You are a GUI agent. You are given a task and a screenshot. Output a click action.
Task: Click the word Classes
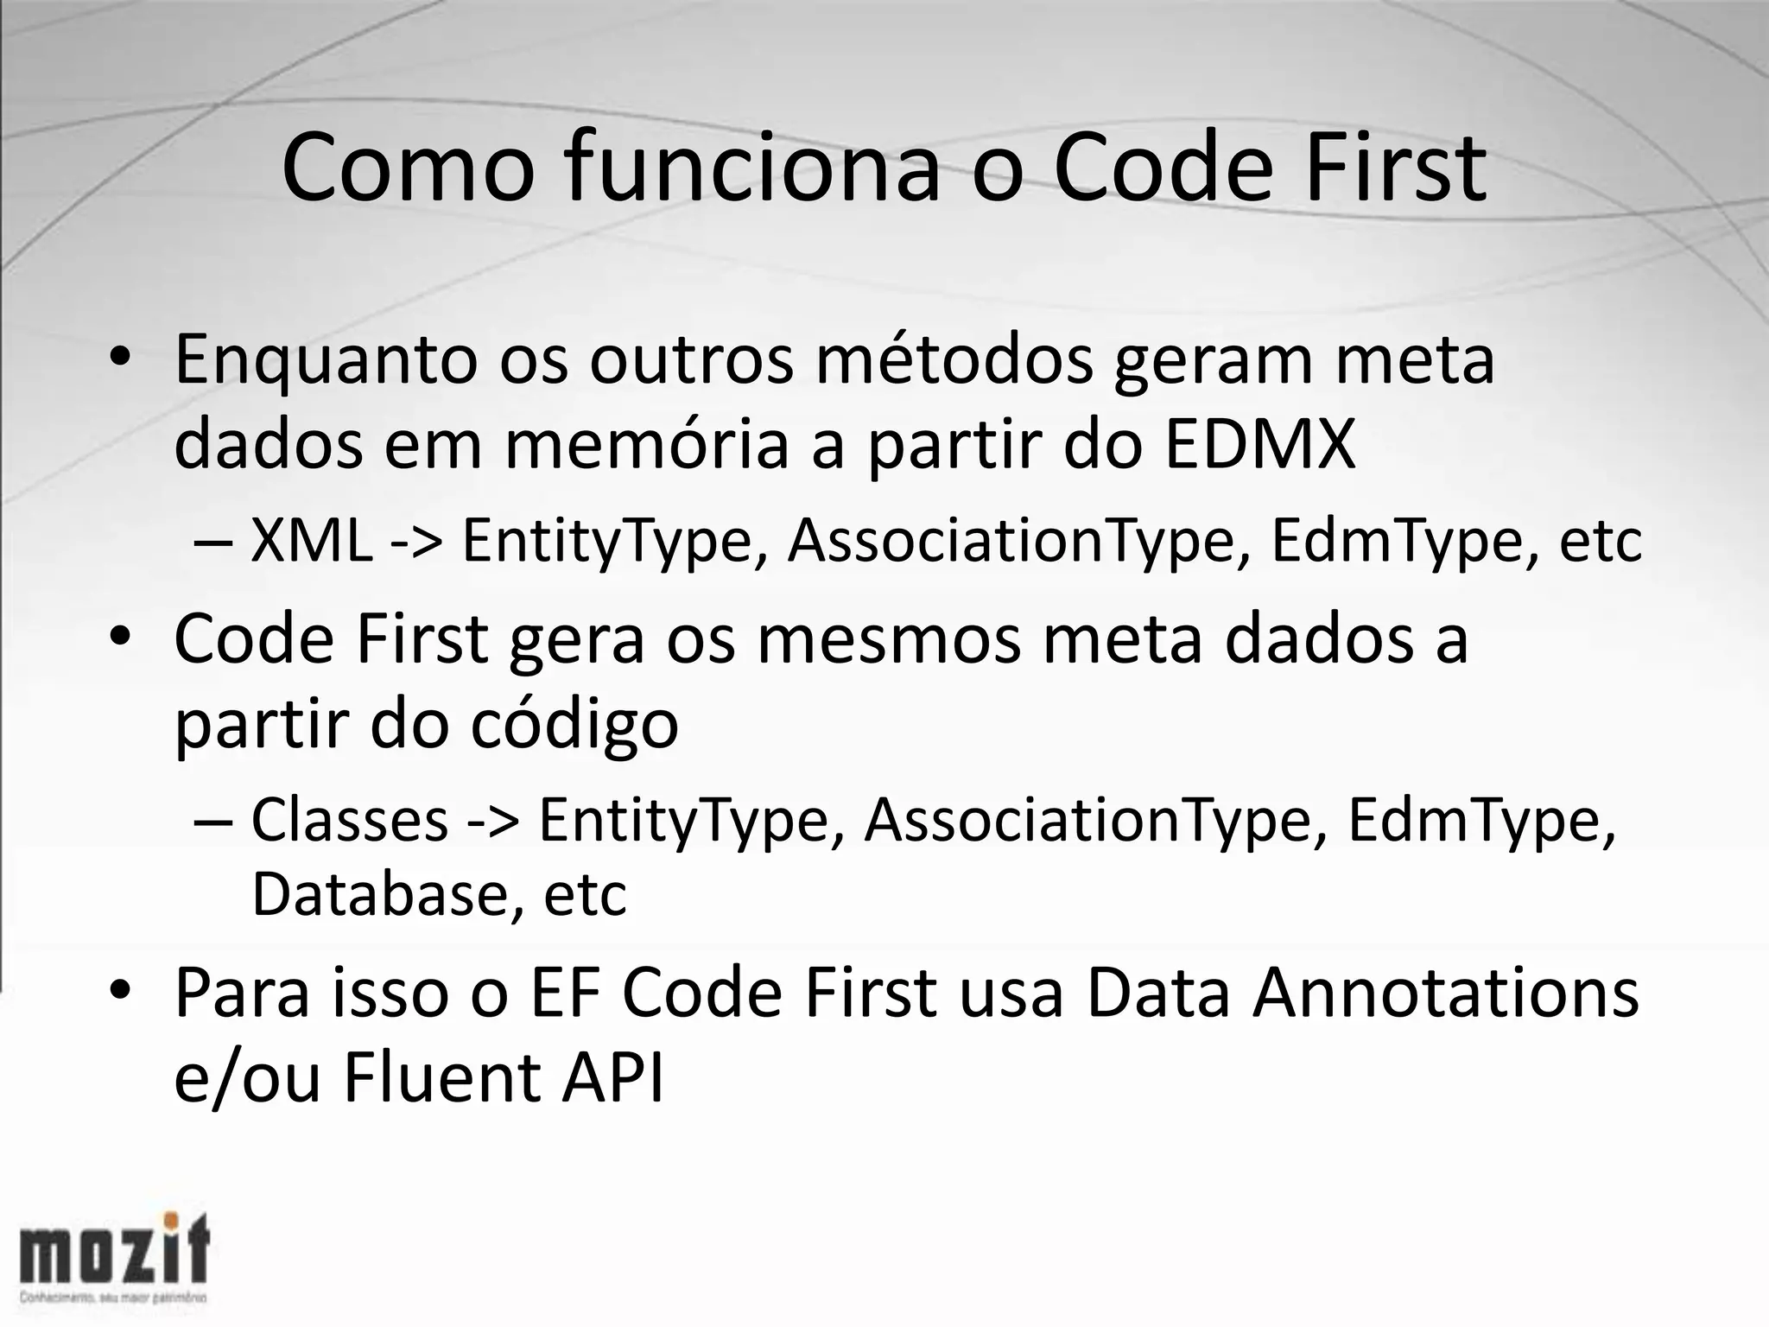click(x=350, y=820)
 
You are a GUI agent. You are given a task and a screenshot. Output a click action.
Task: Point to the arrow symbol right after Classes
click(x=493, y=822)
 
